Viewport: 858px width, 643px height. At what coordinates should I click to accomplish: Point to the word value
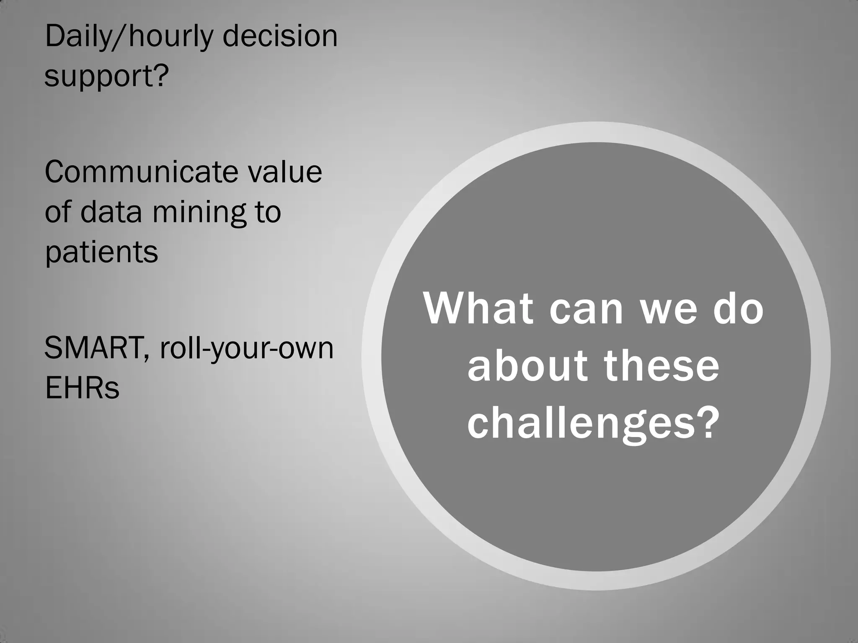(284, 172)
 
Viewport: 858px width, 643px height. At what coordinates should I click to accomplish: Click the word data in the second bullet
(111, 212)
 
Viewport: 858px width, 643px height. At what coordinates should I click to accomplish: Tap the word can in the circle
(586, 310)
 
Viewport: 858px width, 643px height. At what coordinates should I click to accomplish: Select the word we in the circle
(669, 310)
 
